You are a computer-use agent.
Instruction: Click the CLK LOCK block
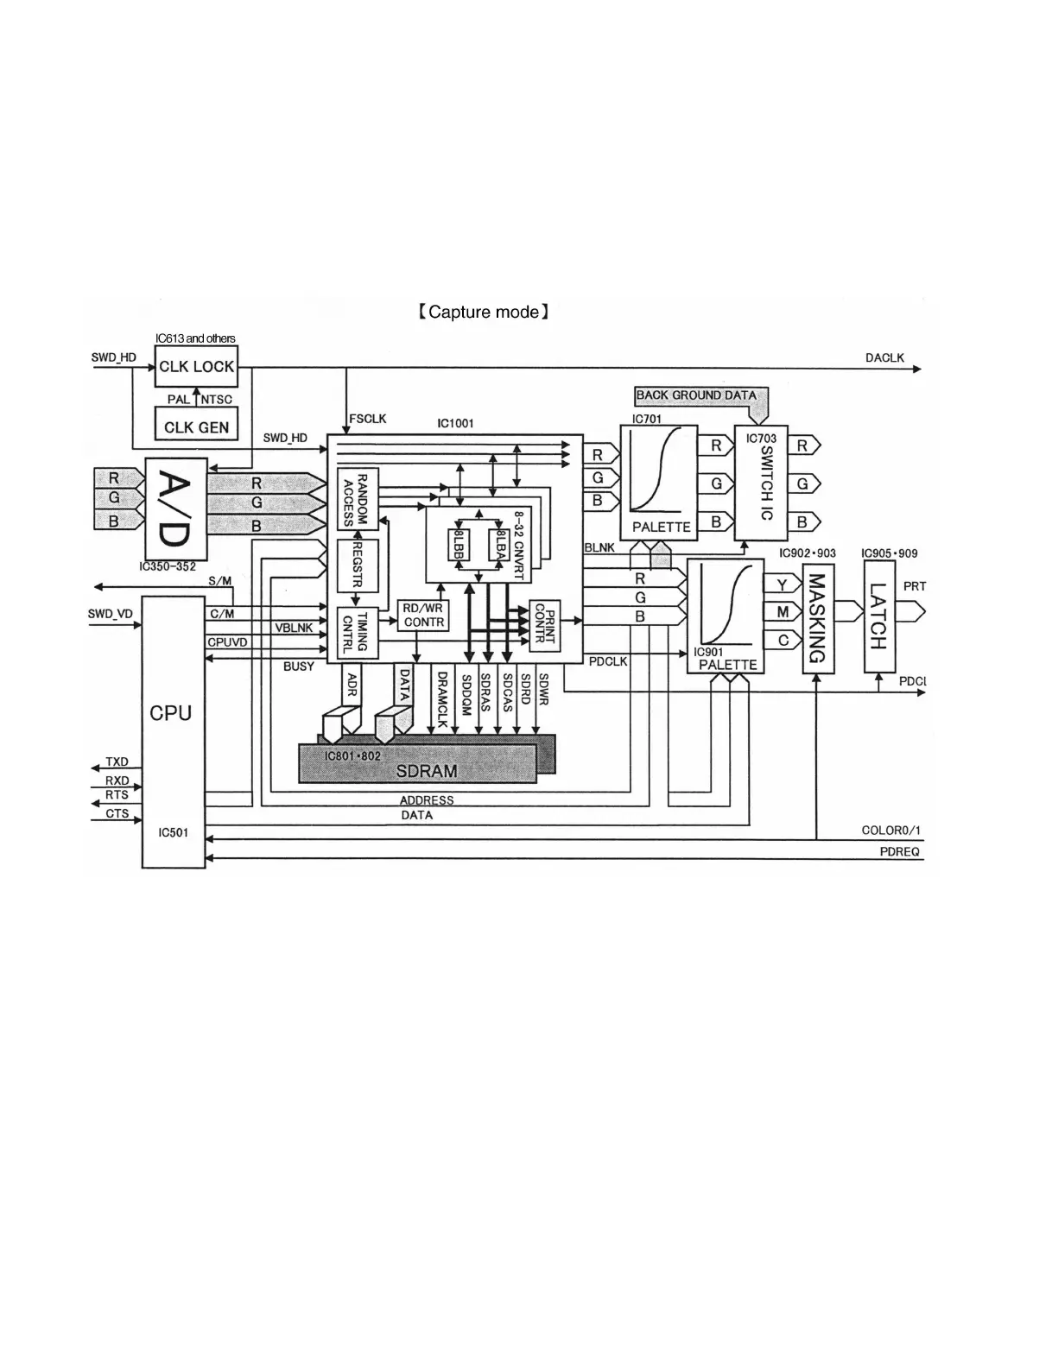196,366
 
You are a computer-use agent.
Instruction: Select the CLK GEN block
196,426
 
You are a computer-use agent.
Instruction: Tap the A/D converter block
176,509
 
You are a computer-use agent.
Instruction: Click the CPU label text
171,713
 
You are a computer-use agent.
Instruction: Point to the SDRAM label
427,770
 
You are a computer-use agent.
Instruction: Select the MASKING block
818,618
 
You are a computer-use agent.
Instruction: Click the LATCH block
878,616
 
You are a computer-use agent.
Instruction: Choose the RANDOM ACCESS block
357,500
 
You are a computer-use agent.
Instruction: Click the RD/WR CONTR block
423,616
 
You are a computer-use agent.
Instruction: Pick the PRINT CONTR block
544,624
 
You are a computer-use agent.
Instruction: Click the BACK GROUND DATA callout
696,395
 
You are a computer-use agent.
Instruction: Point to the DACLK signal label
884,357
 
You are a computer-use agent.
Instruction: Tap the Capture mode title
483,312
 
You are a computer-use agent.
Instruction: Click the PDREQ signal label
899,852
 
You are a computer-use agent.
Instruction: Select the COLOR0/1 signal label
891,831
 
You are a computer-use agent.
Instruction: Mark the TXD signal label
117,761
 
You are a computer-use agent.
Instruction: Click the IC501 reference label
173,833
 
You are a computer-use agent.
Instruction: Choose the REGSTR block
356,565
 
